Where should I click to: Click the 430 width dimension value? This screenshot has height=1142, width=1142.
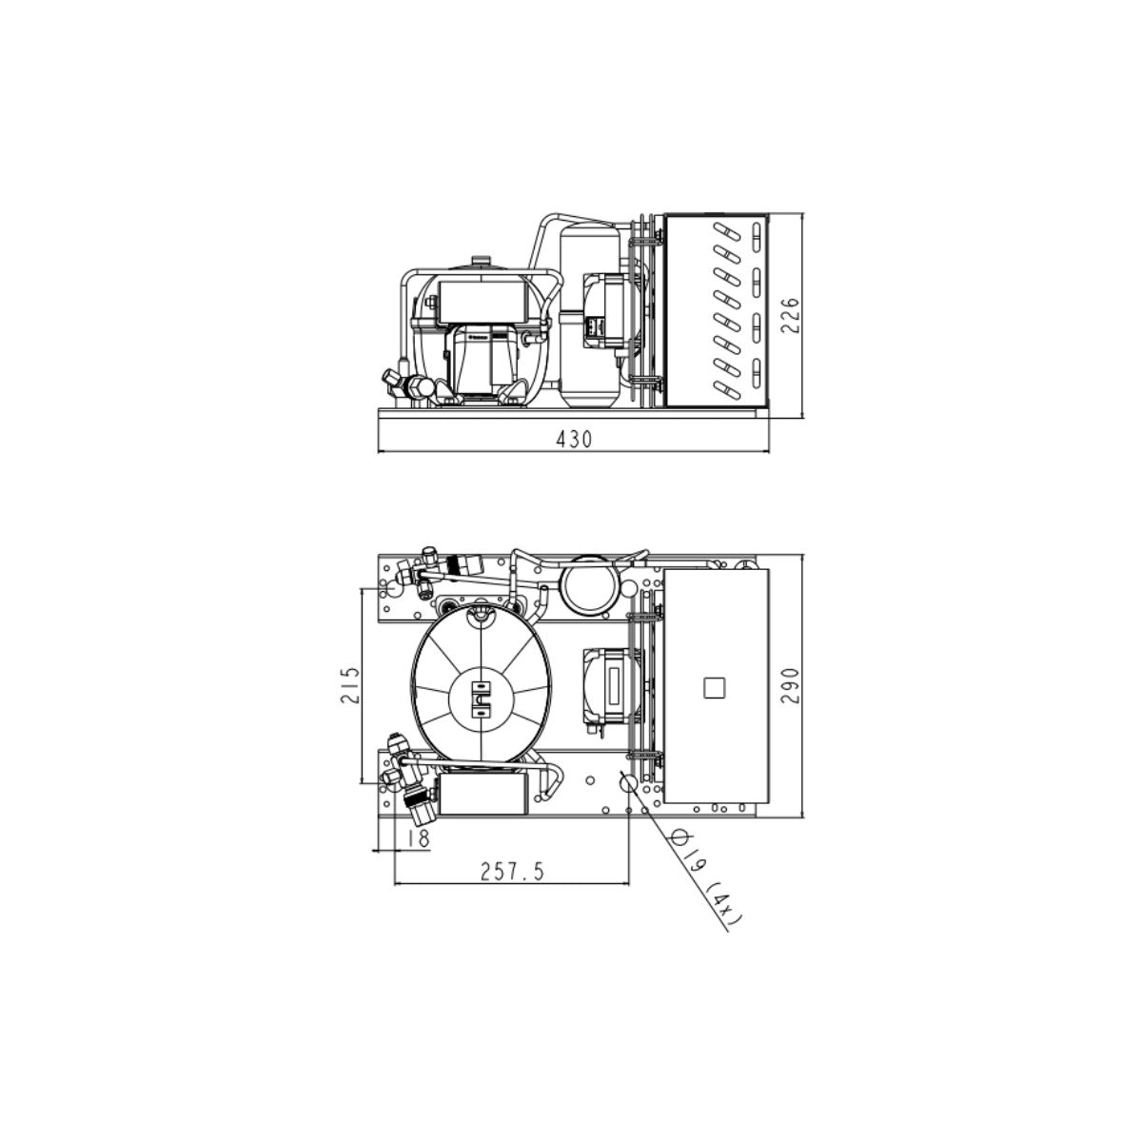coord(574,439)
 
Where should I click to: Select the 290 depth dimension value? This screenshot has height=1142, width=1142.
coord(790,685)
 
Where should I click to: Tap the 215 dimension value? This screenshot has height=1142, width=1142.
coord(349,685)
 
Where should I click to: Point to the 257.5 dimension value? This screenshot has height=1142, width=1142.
coord(511,871)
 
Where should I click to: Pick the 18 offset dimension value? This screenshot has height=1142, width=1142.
coord(419,838)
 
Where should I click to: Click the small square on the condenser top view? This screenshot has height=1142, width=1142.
coord(714,688)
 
